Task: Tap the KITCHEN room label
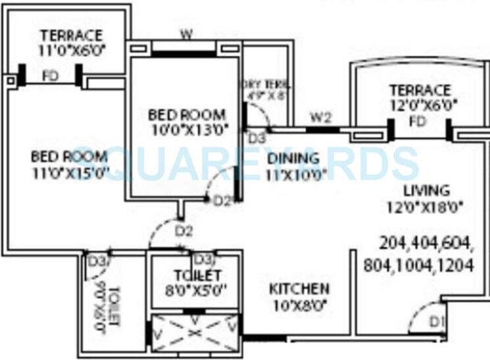coord(299,289)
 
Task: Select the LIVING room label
coord(427,191)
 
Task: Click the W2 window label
coord(320,118)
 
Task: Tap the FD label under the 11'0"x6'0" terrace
coord(50,76)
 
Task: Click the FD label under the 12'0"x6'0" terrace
coord(417,122)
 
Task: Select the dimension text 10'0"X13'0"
coord(187,130)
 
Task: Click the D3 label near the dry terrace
coord(257,139)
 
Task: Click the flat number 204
coord(393,244)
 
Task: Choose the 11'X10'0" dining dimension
coord(296,175)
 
